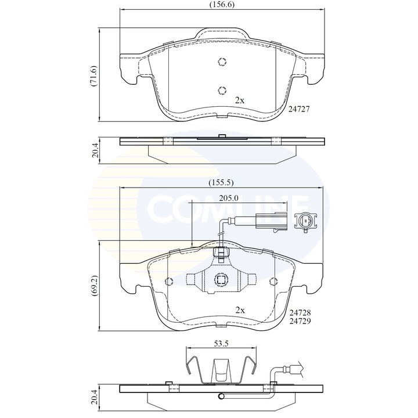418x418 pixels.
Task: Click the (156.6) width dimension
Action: click(x=222, y=5)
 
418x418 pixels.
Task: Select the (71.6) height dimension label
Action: click(x=92, y=75)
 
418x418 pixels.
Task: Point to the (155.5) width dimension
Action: click(x=221, y=182)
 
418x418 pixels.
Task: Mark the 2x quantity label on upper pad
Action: click(x=240, y=100)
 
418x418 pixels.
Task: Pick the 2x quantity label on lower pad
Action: click(x=240, y=310)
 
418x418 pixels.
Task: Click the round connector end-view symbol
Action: click(x=305, y=221)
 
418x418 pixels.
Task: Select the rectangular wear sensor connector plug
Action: click(x=269, y=221)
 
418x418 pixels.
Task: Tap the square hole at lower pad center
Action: click(x=221, y=280)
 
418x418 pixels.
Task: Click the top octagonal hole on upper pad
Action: click(x=221, y=63)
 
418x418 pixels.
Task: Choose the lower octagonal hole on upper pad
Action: click(x=221, y=89)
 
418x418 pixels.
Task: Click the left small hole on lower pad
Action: click(x=169, y=282)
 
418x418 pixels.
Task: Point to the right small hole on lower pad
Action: click(x=273, y=282)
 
